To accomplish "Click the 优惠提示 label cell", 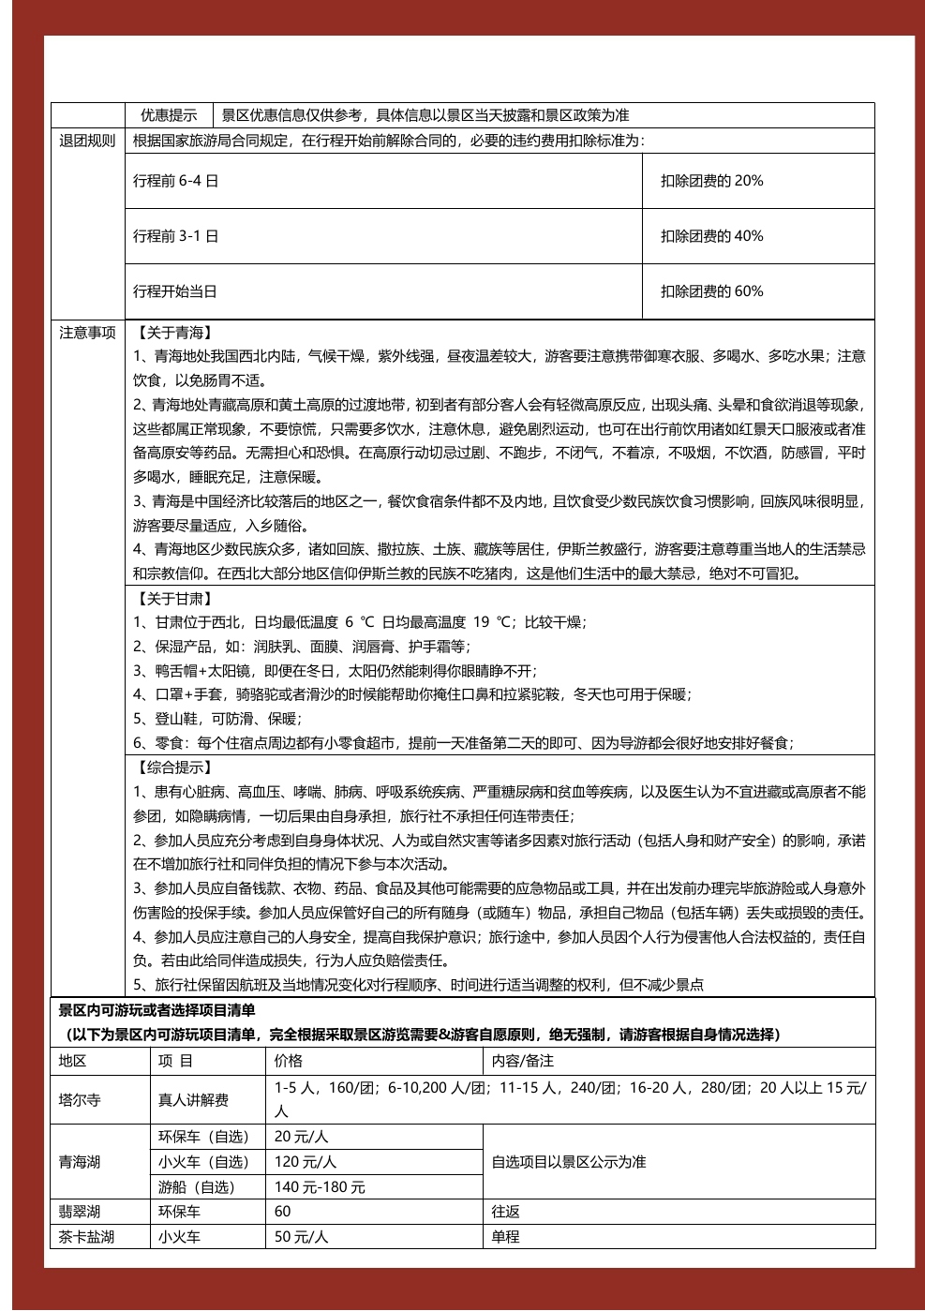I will pyautogui.click(x=169, y=115).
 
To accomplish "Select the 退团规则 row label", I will pyautogui.click(x=87, y=141).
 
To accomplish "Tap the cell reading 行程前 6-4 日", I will pyautogui.click(x=175, y=181).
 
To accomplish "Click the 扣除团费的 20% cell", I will pyautogui.click(x=711, y=181).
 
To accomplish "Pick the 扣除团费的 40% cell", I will pyautogui.click(x=711, y=236).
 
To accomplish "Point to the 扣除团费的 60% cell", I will pyautogui.click(x=711, y=291).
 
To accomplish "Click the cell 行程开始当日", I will pyautogui.click(x=175, y=291).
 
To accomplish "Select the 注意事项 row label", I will pyautogui.click(x=87, y=333).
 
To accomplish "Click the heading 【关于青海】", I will pyautogui.click(x=174, y=333).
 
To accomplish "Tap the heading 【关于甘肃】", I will pyautogui.click(x=174, y=599).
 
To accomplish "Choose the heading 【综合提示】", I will pyautogui.click(x=174, y=767).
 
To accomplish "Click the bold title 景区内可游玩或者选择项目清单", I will pyautogui.click(x=157, y=1010).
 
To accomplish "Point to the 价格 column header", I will pyautogui.click(x=289, y=1061).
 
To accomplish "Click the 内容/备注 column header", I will pyautogui.click(x=523, y=1061).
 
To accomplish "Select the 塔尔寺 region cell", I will pyautogui.click(x=80, y=1100).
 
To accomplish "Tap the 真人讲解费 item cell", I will pyautogui.click(x=193, y=1100).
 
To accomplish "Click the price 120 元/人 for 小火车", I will pyautogui.click(x=306, y=1162).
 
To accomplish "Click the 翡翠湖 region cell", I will pyautogui.click(x=80, y=1212).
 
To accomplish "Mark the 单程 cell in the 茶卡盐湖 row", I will pyautogui.click(x=506, y=1237).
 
